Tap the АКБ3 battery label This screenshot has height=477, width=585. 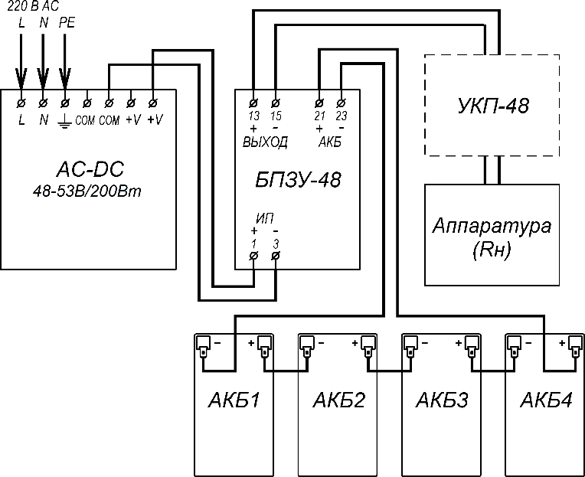[442, 400]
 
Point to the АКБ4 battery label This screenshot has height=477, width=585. [545, 400]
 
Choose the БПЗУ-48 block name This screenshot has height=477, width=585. [298, 181]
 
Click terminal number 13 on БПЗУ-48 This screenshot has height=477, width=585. [254, 116]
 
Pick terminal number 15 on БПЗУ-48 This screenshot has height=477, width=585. [276, 116]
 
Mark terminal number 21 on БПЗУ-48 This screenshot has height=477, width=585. [319, 116]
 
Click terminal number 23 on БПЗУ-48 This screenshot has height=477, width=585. [341, 116]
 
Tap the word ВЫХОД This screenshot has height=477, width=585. [265, 142]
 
